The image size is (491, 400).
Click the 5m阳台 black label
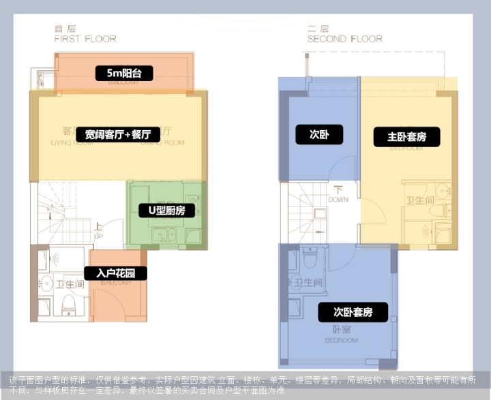(124, 73)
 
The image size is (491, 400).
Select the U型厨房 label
(162, 211)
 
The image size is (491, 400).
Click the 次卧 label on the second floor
(319, 134)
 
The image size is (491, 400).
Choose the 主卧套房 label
(406, 137)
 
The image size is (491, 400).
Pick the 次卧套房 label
(353, 313)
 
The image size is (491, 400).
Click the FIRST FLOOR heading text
(85, 40)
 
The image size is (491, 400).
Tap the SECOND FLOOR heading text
(345, 40)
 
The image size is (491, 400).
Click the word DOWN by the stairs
(338, 200)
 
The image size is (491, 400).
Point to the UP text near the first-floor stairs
(98, 236)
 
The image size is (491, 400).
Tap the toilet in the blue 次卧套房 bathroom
(310, 260)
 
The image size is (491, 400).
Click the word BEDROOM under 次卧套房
(341, 339)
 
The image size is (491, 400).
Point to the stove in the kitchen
(193, 235)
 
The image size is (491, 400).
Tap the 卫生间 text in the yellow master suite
(420, 200)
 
